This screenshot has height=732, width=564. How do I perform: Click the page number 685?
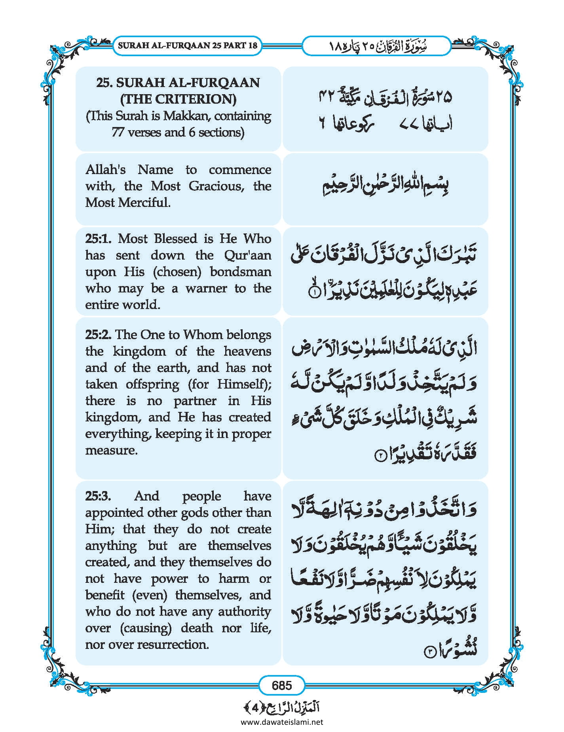coord(282,685)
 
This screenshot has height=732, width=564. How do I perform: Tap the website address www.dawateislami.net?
coord(282,722)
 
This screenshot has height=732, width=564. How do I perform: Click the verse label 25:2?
coord(99,335)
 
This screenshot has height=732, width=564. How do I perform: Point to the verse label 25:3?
coord(98,496)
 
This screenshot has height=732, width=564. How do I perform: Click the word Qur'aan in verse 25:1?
coord(247,255)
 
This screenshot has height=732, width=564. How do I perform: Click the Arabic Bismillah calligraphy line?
coord(385,188)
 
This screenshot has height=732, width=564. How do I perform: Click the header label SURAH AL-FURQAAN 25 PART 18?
coord(188,45)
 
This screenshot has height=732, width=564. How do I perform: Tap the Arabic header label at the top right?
coord(377,46)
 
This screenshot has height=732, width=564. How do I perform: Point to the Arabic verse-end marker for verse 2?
coord(379,456)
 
